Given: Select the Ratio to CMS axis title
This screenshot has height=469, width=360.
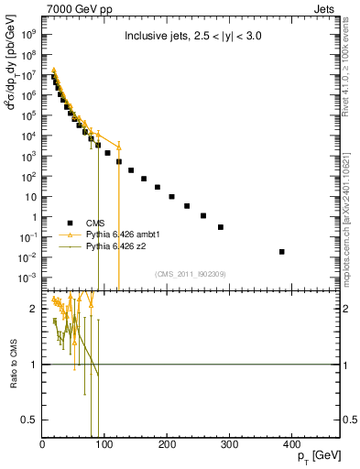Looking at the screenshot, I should (x=15, y=365).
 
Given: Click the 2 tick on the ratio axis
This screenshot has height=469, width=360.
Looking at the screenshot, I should (x=34, y=310).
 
